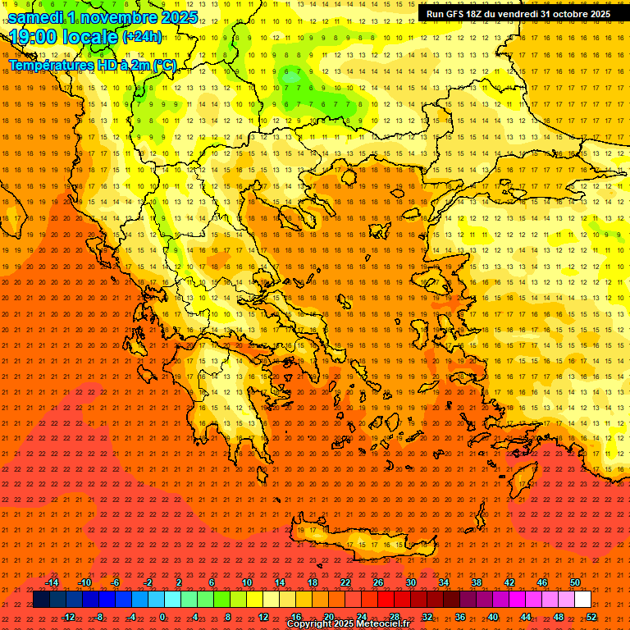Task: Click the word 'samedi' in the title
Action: click(39, 17)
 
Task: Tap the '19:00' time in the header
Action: click(33, 37)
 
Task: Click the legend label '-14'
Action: click(52, 582)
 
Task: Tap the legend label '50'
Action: click(575, 582)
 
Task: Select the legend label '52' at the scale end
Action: click(591, 617)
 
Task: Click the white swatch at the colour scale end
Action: click(582, 600)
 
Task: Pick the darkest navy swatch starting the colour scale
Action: click(41, 600)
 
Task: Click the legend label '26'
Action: click(378, 582)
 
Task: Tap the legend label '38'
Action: click(477, 582)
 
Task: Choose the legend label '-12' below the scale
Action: click(69, 617)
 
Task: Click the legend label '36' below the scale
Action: click(460, 617)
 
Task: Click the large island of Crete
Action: click(361, 537)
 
